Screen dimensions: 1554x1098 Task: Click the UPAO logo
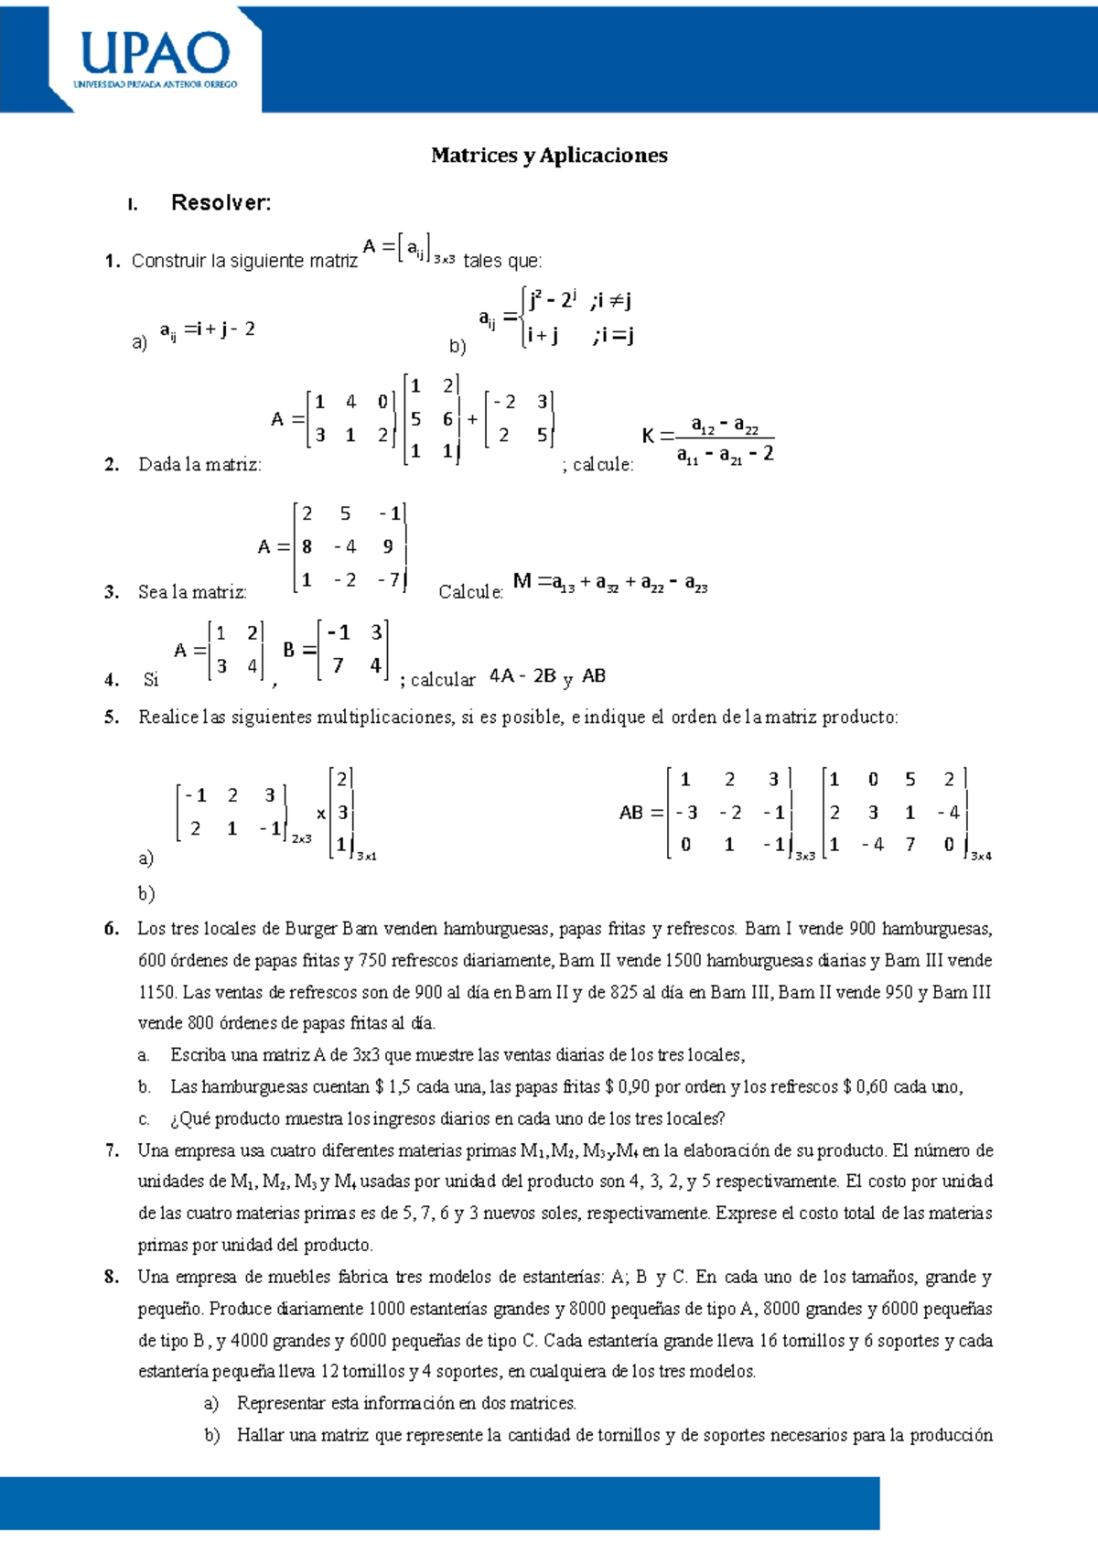coord(156,57)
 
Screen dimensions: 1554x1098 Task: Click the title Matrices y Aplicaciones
coord(549,156)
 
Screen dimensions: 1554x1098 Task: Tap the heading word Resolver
coord(221,203)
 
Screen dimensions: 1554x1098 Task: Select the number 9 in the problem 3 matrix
coord(388,546)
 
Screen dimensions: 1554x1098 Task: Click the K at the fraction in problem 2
coord(649,437)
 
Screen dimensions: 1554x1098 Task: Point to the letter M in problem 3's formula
coord(522,581)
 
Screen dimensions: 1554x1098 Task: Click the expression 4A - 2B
coord(522,676)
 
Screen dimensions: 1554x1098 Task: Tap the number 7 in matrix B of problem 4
coord(338,665)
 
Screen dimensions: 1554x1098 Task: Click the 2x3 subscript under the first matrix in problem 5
coord(301,838)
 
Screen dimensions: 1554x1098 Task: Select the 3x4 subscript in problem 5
coord(981,857)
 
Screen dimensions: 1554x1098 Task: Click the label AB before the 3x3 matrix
coord(631,813)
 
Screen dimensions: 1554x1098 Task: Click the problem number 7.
coord(112,1150)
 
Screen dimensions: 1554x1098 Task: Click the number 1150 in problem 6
coord(156,992)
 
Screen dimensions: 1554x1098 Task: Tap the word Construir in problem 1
coord(168,262)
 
